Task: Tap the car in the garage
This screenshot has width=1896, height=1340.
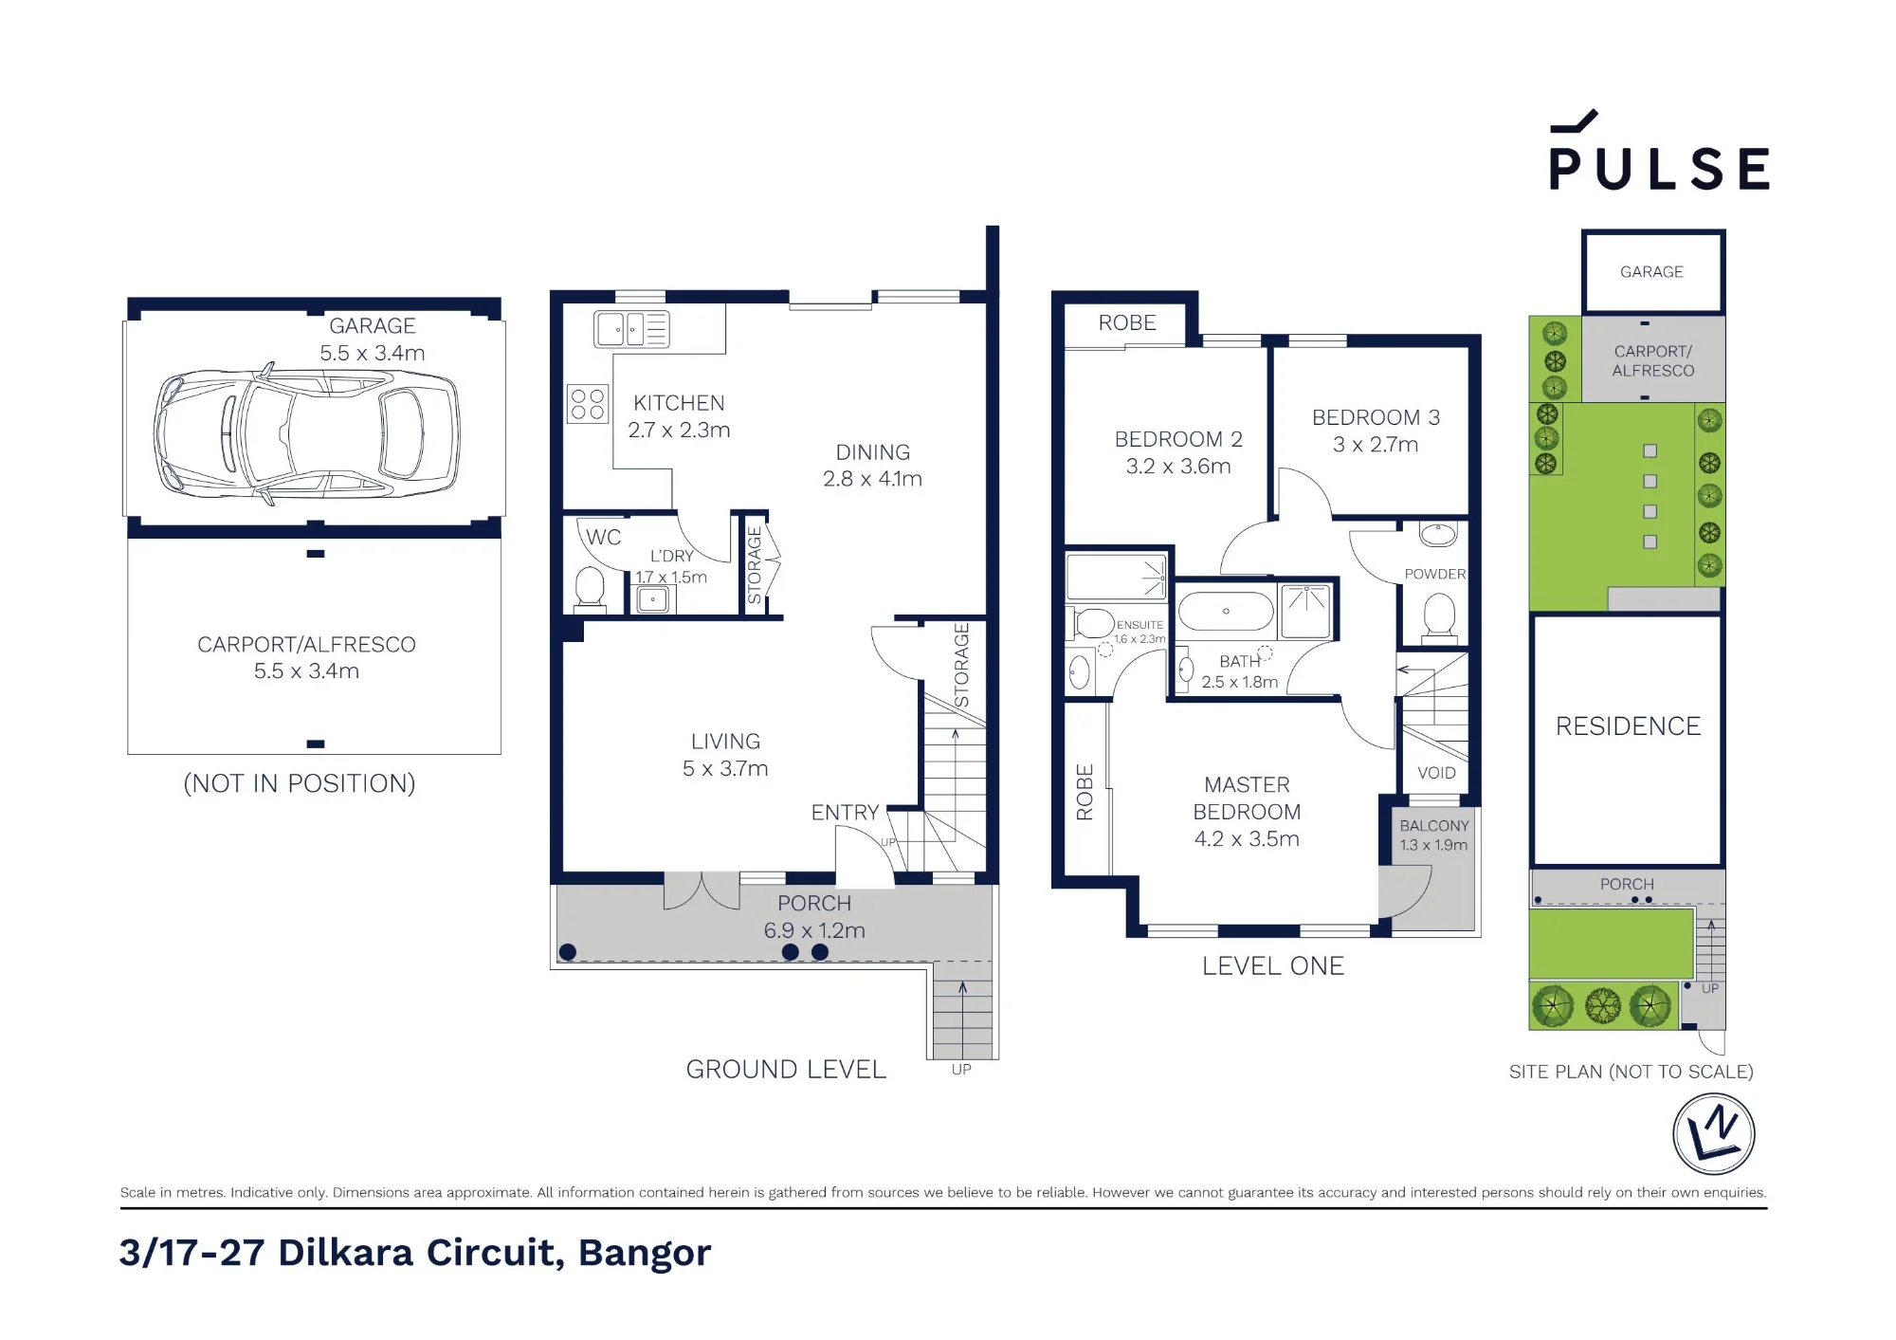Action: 307,433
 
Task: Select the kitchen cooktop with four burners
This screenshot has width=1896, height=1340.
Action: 587,403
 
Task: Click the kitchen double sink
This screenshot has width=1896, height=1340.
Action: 631,329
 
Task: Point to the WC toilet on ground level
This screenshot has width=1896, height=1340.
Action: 590,589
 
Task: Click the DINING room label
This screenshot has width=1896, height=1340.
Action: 872,466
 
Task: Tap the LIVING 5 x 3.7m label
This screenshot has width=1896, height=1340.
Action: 725,755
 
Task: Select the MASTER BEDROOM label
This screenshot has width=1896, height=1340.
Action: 1247,812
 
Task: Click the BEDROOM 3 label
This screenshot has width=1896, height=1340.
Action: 1376,431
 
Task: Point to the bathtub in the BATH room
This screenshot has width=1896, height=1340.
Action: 1226,612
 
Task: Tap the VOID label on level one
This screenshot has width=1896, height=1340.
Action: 1436,773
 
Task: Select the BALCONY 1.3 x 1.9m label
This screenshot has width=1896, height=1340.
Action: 1433,835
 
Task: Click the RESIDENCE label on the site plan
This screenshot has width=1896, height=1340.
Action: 1628,726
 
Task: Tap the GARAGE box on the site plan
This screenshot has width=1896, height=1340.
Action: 1652,271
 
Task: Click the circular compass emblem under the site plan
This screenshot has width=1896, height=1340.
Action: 1713,1134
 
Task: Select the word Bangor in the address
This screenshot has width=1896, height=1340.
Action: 645,1254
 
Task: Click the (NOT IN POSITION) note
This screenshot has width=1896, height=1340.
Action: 300,783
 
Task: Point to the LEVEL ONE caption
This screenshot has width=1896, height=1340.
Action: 1273,965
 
